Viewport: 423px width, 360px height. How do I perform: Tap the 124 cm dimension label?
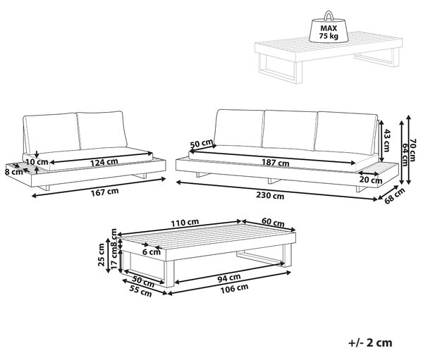click(x=104, y=162)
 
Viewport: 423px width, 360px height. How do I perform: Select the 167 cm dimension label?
click(x=104, y=192)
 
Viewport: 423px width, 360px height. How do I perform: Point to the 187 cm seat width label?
click(x=276, y=163)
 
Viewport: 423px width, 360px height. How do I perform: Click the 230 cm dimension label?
click(x=270, y=195)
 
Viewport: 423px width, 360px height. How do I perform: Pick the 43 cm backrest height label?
click(x=386, y=140)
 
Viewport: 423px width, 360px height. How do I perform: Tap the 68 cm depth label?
click(x=395, y=196)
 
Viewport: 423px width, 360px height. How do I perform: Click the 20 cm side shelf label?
click(x=371, y=180)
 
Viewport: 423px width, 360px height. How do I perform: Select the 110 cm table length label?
click(x=185, y=223)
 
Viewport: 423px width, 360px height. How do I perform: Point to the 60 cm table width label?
click(x=273, y=223)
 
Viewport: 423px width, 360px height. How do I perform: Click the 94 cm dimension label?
click(x=229, y=278)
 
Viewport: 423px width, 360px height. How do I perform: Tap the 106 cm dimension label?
click(x=234, y=289)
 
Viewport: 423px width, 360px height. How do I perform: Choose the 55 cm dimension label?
click(x=140, y=291)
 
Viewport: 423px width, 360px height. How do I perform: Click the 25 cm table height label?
click(x=102, y=255)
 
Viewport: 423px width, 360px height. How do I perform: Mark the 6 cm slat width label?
click(x=152, y=252)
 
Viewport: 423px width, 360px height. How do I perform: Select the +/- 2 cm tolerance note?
click(x=370, y=342)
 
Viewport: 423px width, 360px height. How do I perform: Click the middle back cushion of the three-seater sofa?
click(x=290, y=130)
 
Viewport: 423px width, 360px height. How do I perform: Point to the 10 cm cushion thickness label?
click(x=37, y=162)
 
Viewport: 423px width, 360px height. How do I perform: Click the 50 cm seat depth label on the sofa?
click(x=202, y=144)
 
